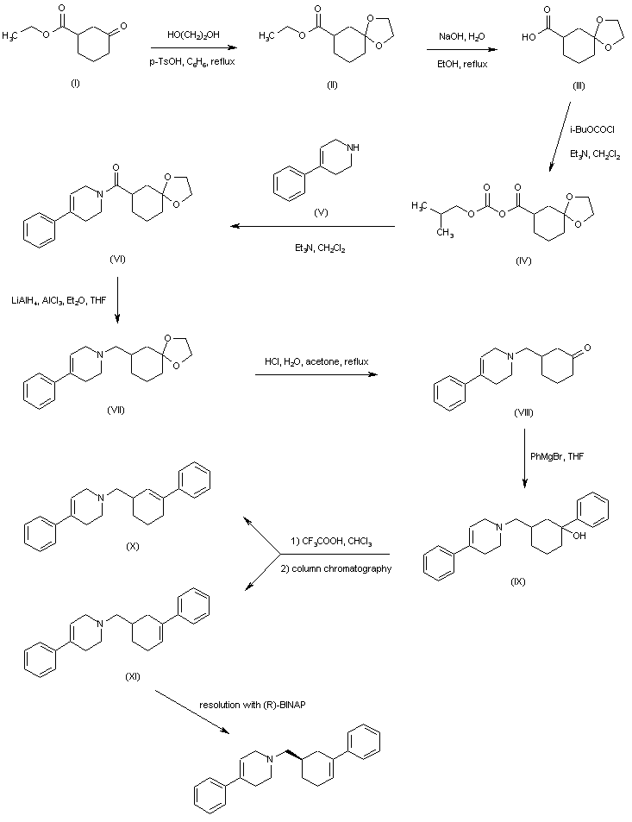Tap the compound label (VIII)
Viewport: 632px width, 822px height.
pyautogui.click(x=522, y=412)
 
